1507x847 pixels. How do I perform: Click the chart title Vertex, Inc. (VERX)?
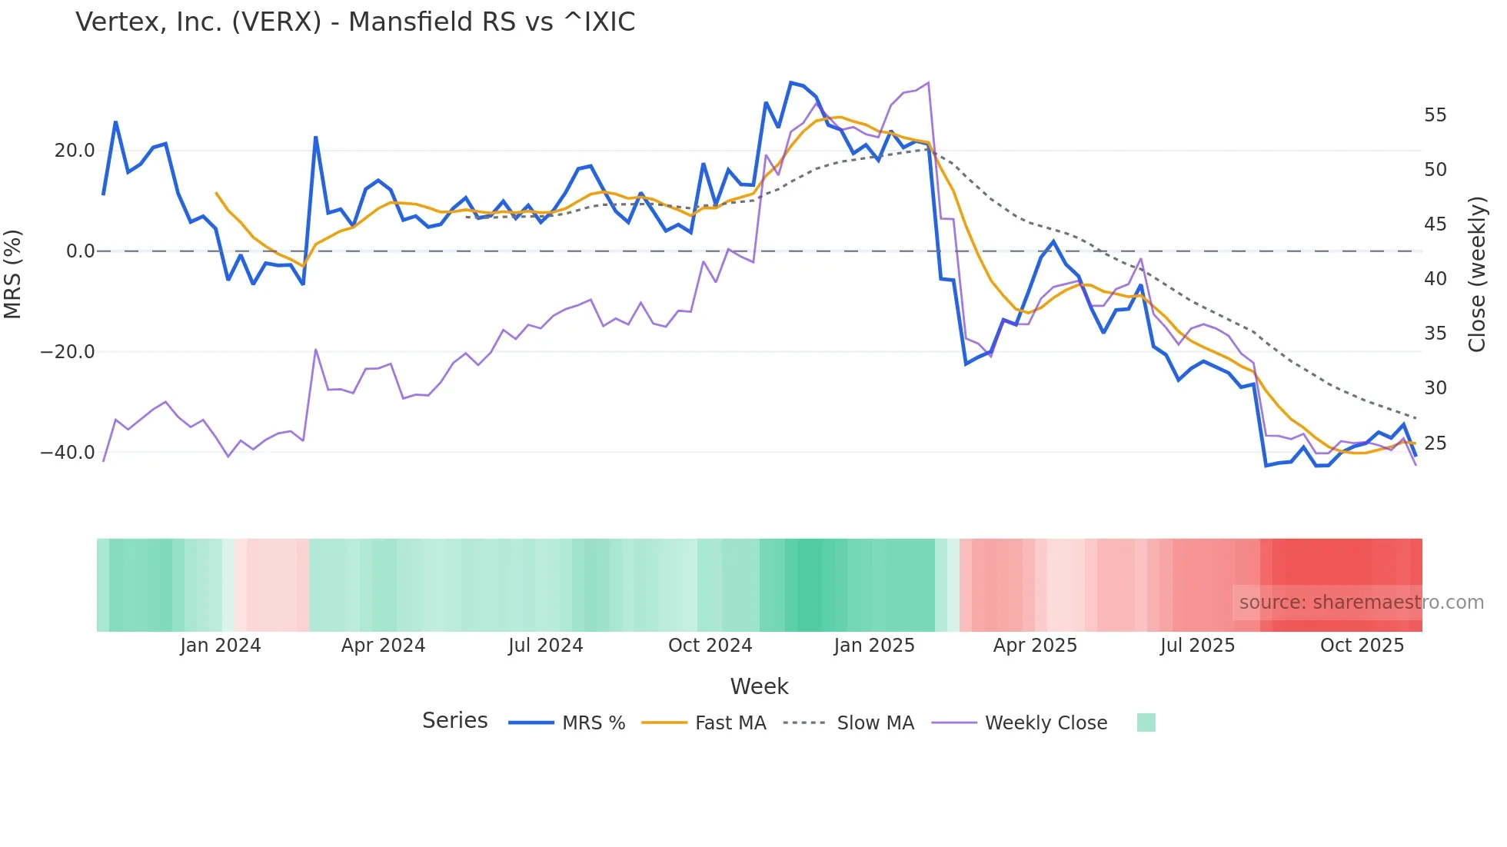coord(355,22)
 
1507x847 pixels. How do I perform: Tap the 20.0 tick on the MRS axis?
coord(75,151)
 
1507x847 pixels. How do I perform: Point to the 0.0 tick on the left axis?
coord(81,251)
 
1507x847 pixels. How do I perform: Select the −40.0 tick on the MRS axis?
coord(68,453)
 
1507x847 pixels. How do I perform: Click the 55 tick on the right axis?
coord(1435,115)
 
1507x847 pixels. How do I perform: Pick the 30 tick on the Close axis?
coord(1435,388)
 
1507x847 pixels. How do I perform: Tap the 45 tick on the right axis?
coord(1435,224)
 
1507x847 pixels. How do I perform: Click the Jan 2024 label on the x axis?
coord(221,646)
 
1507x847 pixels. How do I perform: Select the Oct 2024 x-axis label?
coord(710,646)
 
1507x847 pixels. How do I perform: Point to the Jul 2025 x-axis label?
coord(1197,646)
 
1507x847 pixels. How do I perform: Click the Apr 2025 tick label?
coord(1035,646)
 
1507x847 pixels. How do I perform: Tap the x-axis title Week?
coord(759,686)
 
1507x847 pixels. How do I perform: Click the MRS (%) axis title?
coord(13,274)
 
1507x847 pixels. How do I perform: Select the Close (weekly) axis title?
coord(1477,274)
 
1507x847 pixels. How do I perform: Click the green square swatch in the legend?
coord(1146,722)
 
